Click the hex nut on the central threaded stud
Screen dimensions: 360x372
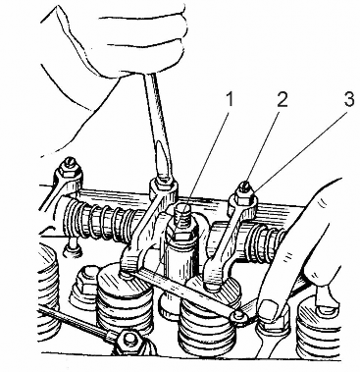[183, 235]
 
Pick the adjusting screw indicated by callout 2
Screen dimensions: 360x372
[245, 188]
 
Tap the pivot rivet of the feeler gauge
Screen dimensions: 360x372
[239, 315]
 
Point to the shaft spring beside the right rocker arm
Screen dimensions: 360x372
[268, 242]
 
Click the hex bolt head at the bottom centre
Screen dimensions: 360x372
[130, 341]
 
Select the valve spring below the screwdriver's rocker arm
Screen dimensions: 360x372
[125, 302]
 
